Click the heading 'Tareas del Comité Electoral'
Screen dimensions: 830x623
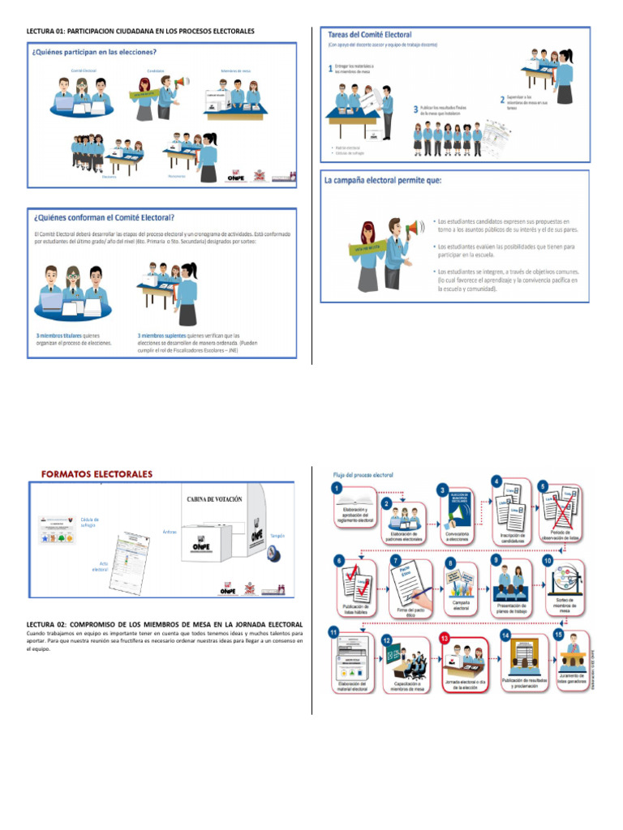[x=369, y=35]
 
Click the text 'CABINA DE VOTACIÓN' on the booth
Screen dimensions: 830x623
[x=215, y=500]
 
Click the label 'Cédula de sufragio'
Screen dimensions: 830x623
[x=90, y=522]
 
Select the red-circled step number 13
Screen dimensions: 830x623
[x=445, y=639]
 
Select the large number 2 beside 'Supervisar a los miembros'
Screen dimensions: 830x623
[x=502, y=98]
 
